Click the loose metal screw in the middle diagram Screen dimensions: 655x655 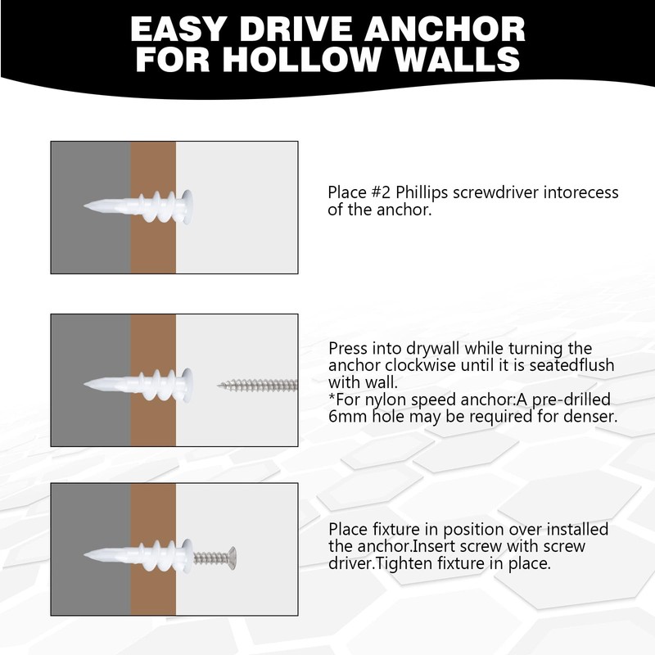pyautogui.click(x=257, y=383)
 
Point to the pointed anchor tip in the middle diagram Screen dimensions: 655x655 pyautogui.click(x=88, y=382)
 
